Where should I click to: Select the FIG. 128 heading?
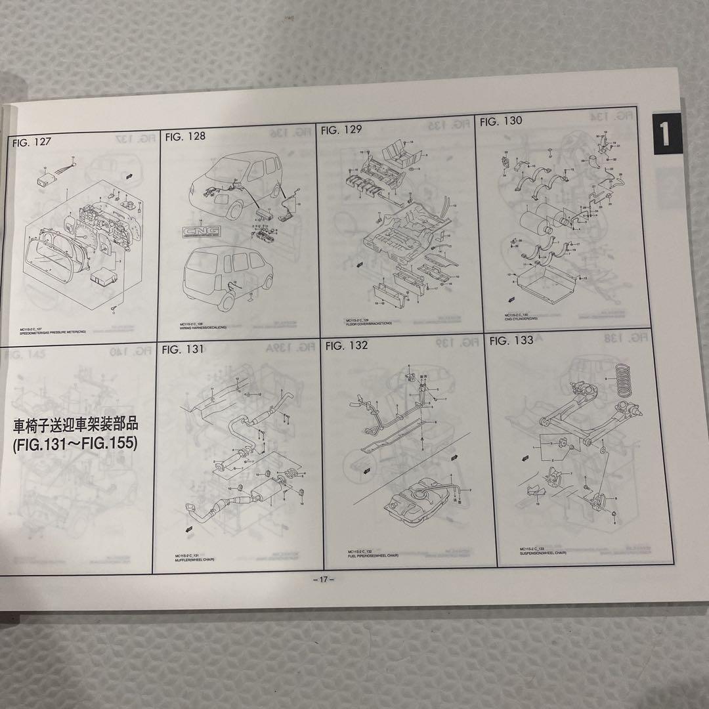185,136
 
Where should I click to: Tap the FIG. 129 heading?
341,130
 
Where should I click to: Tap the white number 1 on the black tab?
664,133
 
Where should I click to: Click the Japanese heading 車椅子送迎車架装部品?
75,425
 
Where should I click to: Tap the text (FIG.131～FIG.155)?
75,444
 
